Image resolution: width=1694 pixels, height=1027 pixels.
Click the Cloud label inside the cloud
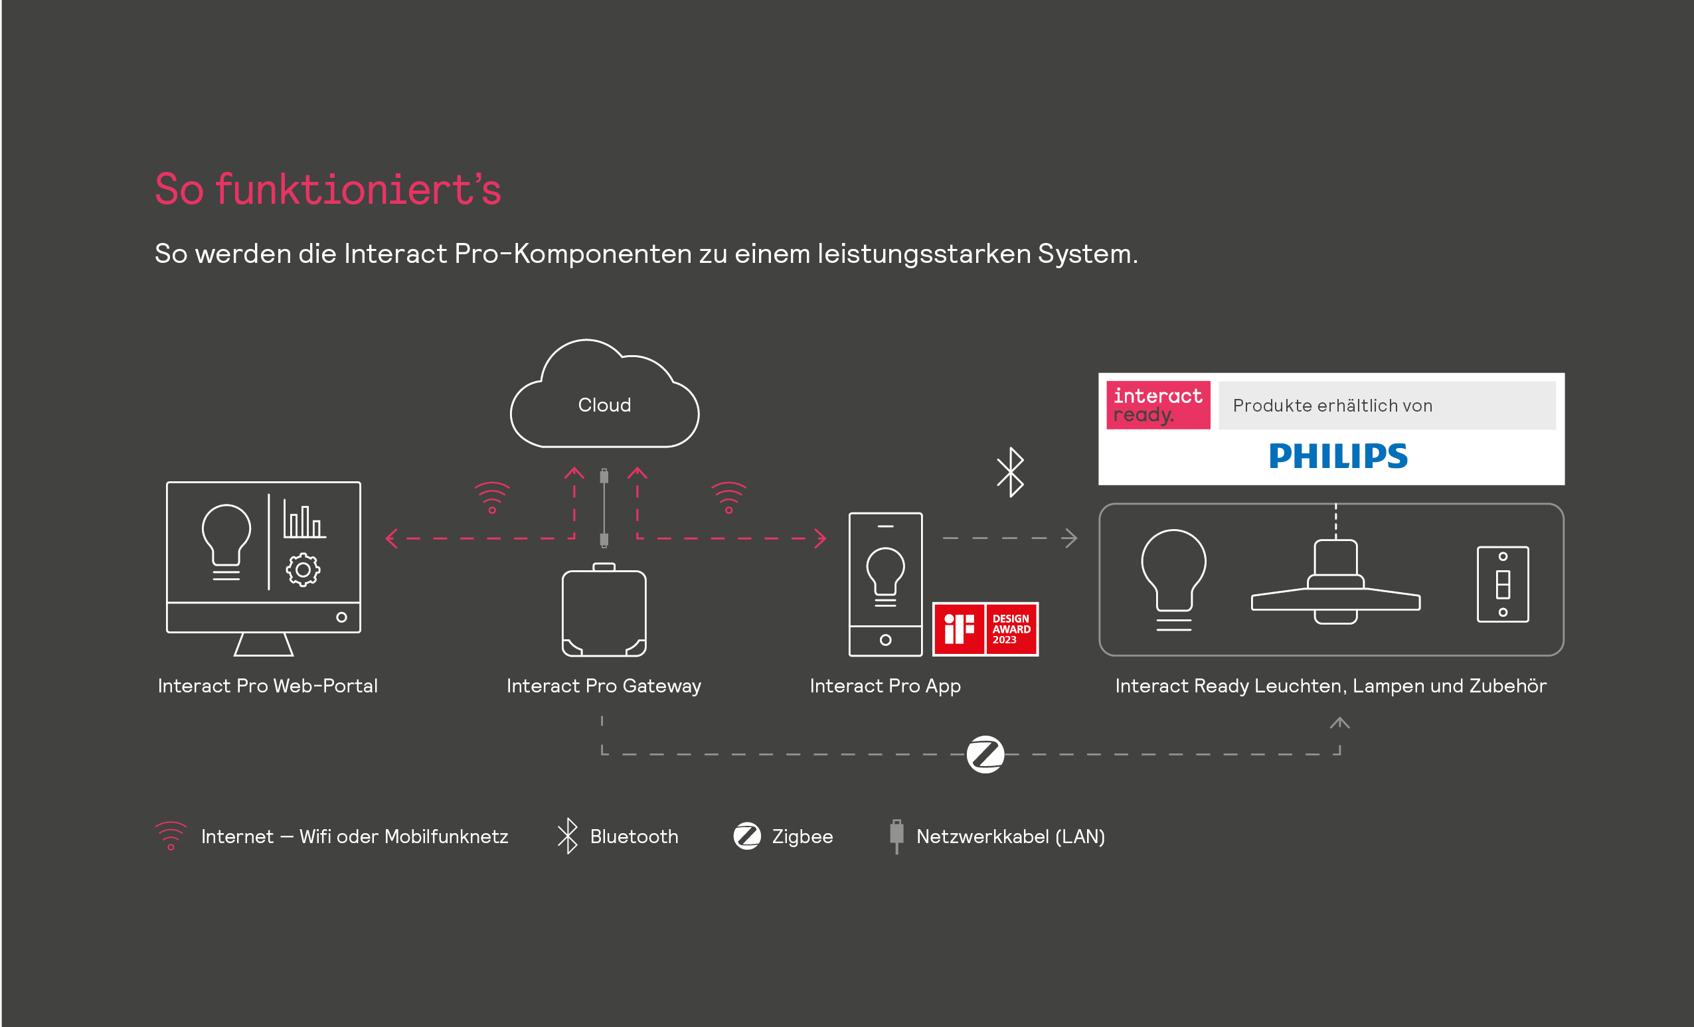(604, 405)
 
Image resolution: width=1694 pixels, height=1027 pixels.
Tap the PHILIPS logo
(1338, 456)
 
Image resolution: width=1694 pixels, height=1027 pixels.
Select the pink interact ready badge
(1157, 405)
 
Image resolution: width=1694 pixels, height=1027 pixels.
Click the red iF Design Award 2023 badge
(985, 629)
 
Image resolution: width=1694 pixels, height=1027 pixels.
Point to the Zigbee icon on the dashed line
(985, 754)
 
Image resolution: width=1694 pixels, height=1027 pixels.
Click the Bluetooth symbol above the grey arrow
(1011, 471)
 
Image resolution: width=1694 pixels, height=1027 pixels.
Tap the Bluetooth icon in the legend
(567, 836)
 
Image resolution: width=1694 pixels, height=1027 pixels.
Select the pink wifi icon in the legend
(171, 836)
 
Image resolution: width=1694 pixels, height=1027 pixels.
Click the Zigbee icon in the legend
(746, 836)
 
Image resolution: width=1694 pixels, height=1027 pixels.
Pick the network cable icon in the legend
(896, 836)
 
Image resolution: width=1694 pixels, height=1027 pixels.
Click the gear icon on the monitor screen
(303, 570)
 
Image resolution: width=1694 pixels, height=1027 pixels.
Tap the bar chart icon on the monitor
(304, 519)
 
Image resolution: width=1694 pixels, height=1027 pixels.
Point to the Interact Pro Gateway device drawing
(604, 609)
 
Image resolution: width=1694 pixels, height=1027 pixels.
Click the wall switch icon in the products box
(1503, 584)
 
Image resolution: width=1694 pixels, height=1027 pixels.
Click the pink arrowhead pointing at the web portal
(392, 538)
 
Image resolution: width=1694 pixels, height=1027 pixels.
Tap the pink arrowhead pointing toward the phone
(820, 538)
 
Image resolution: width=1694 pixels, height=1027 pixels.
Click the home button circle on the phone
(885, 640)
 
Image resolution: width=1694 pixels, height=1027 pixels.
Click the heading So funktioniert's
(328, 189)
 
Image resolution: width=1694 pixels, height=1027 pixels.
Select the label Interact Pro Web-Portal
(268, 685)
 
